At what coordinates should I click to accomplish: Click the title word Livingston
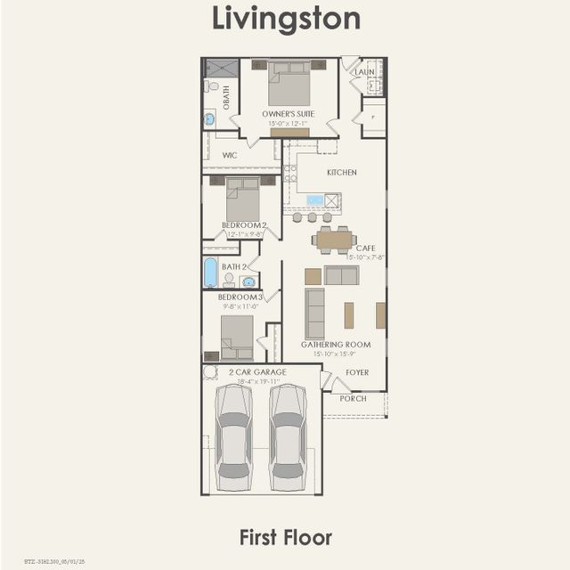(x=285, y=18)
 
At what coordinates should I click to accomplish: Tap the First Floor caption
(x=285, y=537)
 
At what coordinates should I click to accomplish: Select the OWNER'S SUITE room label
(x=289, y=115)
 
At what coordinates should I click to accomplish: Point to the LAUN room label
(x=365, y=71)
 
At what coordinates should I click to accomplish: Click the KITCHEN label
(x=341, y=172)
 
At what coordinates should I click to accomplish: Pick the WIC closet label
(x=230, y=154)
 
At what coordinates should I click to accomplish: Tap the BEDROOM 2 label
(x=243, y=225)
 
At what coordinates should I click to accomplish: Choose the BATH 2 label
(x=233, y=266)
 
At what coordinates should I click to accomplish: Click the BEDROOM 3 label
(x=240, y=297)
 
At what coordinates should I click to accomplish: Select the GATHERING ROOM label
(x=335, y=344)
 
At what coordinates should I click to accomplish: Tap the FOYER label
(x=357, y=372)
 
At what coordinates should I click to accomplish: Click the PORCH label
(x=353, y=398)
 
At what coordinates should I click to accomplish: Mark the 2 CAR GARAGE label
(x=257, y=371)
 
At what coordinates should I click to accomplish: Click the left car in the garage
(x=233, y=436)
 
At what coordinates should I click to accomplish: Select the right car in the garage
(x=288, y=436)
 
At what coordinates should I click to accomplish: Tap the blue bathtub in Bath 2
(x=210, y=273)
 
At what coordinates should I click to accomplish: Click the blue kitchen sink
(x=315, y=199)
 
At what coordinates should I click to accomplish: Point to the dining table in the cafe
(x=335, y=239)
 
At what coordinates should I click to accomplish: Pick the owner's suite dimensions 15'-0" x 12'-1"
(x=289, y=124)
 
